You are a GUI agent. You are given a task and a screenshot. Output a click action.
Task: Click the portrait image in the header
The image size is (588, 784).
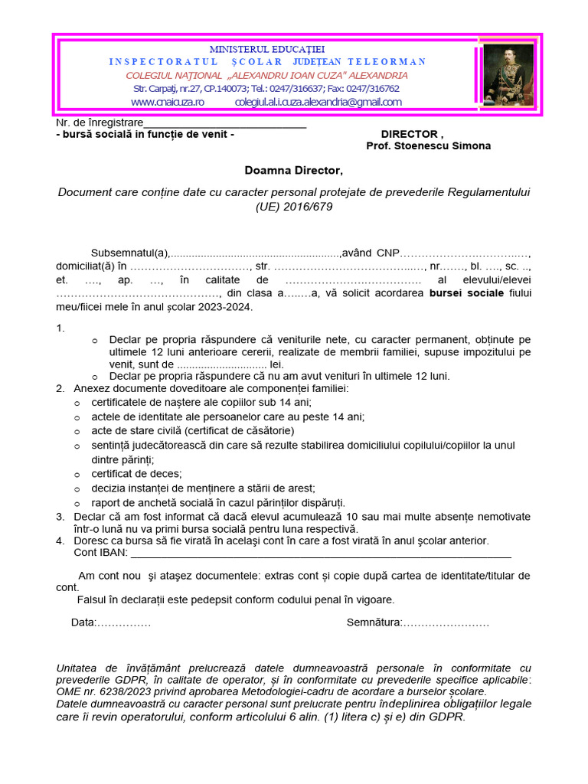click(508, 74)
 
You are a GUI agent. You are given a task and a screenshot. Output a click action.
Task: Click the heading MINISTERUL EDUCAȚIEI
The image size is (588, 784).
click(267, 49)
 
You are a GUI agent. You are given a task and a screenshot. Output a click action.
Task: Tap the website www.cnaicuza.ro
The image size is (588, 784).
click(168, 102)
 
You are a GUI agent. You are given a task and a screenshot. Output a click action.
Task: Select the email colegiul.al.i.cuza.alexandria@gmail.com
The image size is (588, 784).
click(318, 102)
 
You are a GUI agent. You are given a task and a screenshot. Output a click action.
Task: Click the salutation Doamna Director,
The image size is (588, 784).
click(294, 170)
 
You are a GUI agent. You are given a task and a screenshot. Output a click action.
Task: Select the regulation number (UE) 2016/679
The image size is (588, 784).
click(294, 206)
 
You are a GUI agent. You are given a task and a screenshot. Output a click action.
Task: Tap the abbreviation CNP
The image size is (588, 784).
click(389, 253)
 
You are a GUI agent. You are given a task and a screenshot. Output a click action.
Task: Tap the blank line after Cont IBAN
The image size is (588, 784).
click(321, 553)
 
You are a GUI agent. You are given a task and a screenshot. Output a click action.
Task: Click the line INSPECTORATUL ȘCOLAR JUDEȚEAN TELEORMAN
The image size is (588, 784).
click(267, 61)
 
